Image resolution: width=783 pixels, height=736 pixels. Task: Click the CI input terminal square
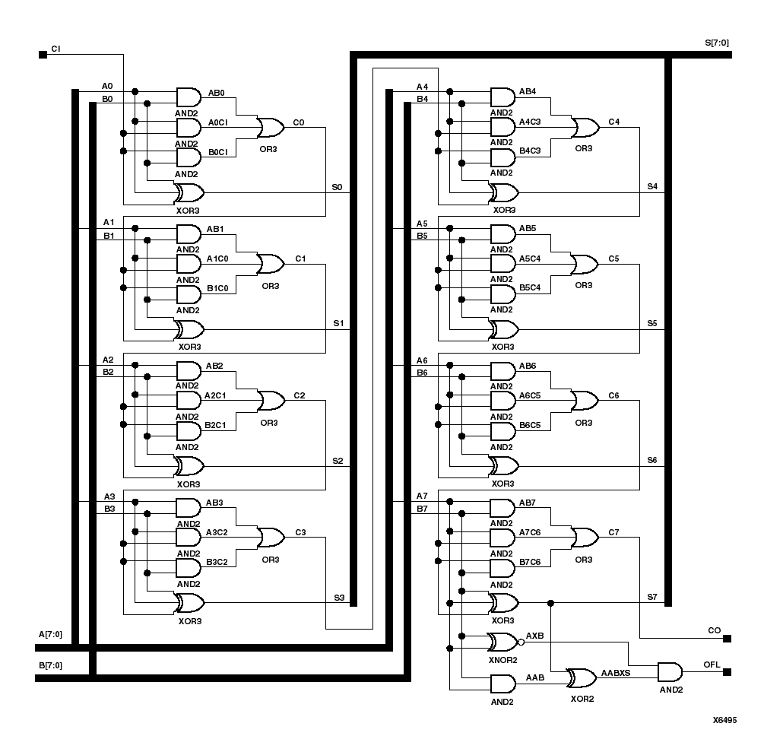43,54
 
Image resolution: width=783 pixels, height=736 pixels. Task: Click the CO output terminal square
728,638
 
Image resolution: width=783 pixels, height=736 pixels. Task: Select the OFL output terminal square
728,672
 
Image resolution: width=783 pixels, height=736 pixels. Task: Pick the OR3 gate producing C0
269,128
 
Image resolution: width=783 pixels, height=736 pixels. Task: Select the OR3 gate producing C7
584,538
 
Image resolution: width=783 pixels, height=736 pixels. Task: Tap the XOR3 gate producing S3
189,604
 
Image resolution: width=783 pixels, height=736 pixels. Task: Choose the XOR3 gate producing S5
504,330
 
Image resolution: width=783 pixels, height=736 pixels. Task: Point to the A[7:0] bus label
50,634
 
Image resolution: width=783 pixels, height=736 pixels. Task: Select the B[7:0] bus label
50,665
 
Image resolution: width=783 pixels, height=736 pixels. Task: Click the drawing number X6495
724,719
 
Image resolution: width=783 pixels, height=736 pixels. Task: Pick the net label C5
613,259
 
